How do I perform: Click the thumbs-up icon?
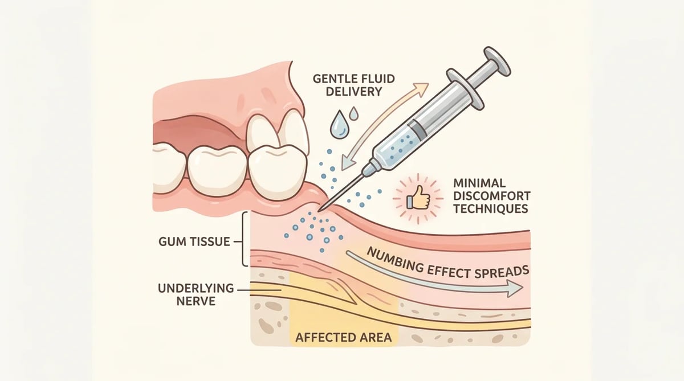(418, 198)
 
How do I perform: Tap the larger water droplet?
(339, 125)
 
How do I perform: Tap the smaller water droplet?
(354, 113)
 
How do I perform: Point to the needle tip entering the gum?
(319, 211)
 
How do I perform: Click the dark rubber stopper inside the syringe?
(417, 128)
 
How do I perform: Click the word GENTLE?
(334, 79)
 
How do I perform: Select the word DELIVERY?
(354, 91)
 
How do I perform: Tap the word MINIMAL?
(479, 183)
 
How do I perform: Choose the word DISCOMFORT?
(492, 196)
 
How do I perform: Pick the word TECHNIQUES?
(491, 208)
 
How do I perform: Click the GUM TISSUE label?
(194, 241)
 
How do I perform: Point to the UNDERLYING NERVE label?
(196, 294)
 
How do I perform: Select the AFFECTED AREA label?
(344, 337)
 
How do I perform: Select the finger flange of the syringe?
(465, 89)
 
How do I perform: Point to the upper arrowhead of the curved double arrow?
(421, 88)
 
